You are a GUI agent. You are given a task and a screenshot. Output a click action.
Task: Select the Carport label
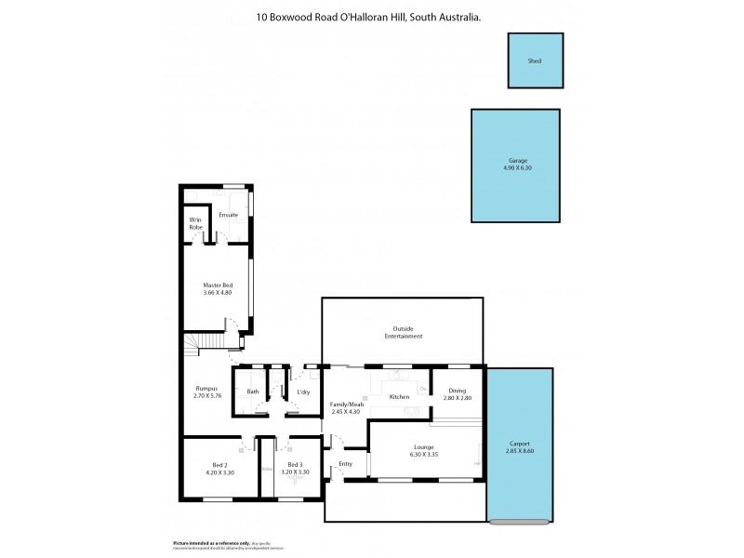click(522, 444)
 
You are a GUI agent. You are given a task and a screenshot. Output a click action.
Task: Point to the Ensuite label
click(228, 215)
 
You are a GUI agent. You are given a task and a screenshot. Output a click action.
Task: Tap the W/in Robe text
click(196, 223)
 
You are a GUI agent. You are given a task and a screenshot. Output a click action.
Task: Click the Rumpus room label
click(206, 389)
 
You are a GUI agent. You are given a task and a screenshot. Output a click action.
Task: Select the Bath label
click(252, 392)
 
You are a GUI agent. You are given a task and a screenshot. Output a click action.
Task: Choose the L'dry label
click(303, 392)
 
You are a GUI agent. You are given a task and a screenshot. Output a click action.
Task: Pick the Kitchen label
click(399, 397)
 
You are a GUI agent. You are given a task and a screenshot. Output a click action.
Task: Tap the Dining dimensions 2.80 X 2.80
click(458, 398)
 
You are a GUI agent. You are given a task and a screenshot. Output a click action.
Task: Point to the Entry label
click(346, 463)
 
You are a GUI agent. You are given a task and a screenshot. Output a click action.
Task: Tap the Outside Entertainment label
click(402, 332)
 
